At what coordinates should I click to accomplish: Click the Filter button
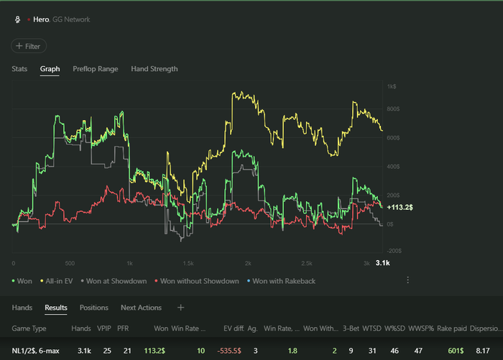point(29,46)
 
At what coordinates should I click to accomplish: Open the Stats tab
point(19,69)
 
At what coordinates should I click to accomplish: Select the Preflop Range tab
point(96,69)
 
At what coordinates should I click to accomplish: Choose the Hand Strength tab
point(154,69)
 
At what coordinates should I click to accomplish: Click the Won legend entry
point(23,281)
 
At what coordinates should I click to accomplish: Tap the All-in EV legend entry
point(59,281)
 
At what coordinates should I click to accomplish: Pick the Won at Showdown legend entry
point(116,281)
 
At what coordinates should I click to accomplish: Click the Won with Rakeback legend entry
point(284,281)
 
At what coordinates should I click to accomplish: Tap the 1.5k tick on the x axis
point(189,264)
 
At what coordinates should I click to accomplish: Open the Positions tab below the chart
point(93,308)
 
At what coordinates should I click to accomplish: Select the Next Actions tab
point(141,308)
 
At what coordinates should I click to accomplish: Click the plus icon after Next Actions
point(181,308)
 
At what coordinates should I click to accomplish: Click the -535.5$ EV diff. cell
point(234,351)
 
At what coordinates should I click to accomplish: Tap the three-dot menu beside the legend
point(407,280)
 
